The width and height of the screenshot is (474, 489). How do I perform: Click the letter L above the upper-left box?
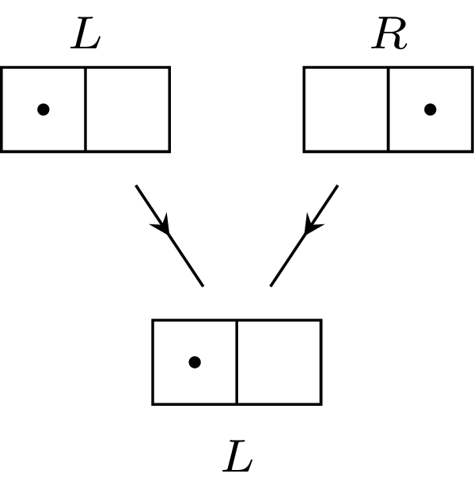point(85,36)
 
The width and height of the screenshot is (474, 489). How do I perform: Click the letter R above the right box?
point(389,36)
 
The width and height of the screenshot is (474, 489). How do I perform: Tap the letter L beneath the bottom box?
point(237,457)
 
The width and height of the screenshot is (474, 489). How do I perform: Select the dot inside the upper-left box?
point(44,109)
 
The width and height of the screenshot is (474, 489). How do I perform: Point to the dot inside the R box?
point(430,109)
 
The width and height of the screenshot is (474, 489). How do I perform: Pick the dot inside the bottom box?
point(195,362)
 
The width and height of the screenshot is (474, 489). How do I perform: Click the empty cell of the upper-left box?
point(127,109)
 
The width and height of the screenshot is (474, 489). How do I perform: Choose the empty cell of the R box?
point(346,109)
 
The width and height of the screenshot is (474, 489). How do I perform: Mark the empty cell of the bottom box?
point(279,362)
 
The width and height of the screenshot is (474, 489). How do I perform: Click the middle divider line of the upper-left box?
point(85,109)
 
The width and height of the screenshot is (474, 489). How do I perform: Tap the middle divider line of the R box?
point(388,109)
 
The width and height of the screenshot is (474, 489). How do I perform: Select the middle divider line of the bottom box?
point(237,362)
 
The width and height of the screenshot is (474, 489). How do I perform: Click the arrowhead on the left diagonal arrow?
point(162,224)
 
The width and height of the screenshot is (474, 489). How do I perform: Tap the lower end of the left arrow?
point(203,285)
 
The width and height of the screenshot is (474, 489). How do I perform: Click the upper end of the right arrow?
point(338,186)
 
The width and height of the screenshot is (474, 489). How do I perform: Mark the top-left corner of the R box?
point(305,68)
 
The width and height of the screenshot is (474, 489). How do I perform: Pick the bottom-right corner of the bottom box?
point(320,403)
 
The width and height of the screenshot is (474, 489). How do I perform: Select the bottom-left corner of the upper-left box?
point(2,150)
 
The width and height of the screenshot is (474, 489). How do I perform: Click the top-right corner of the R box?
point(472,68)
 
